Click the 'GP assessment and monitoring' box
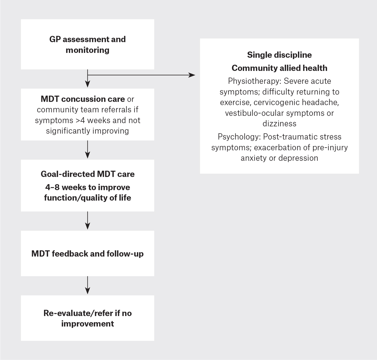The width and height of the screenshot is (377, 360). click(87, 44)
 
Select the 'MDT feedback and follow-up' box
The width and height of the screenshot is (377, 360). click(87, 254)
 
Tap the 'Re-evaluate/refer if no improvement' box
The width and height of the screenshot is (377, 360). click(87, 318)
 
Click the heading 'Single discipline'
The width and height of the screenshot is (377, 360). click(279, 55)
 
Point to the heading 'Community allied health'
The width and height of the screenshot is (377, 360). click(279, 68)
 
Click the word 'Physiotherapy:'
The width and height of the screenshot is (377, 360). click(255, 81)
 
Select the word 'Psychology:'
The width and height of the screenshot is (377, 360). click(239, 137)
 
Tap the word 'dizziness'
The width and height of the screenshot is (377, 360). click(279, 124)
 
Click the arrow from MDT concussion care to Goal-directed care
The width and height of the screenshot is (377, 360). click(88, 150)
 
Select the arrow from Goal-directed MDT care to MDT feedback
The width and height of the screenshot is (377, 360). click(88, 221)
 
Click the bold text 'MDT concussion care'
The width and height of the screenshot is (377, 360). click(83, 99)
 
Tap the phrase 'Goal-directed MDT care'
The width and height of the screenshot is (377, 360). click(87, 174)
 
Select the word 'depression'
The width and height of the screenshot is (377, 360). click(298, 158)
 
